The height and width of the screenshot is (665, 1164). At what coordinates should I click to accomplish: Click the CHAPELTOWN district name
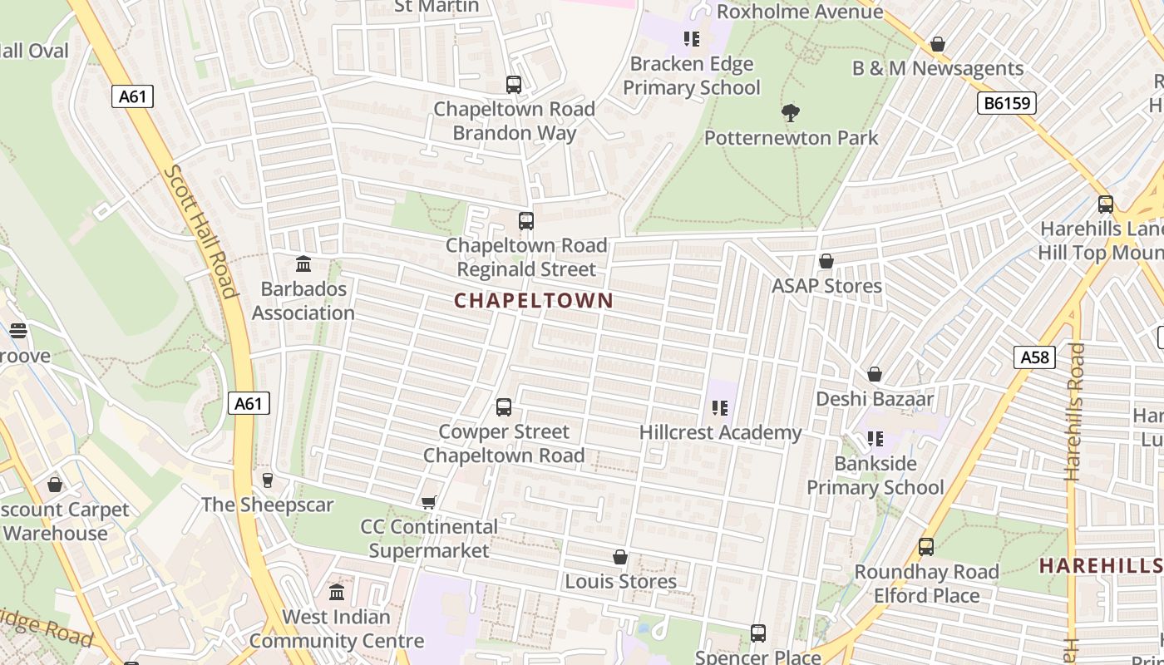click(x=534, y=301)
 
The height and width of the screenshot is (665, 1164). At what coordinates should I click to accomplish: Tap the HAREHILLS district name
click(x=1100, y=566)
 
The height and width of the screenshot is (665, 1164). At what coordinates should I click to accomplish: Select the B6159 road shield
click(x=1005, y=103)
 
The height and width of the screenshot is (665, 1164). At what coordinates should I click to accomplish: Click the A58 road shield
click(x=1034, y=357)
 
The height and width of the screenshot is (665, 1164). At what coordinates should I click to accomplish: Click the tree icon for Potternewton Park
click(x=791, y=112)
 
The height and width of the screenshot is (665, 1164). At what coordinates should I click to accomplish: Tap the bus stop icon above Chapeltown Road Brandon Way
click(x=514, y=85)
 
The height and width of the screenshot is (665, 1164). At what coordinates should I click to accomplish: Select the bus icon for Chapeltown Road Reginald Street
click(x=525, y=221)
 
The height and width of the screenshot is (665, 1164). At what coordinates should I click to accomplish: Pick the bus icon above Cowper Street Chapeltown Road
click(x=504, y=407)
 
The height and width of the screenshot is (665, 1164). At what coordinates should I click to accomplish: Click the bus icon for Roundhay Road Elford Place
click(x=926, y=547)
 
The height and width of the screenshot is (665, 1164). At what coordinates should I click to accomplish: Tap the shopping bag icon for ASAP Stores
click(x=826, y=262)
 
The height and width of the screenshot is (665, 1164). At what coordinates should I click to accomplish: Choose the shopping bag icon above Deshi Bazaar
click(x=875, y=375)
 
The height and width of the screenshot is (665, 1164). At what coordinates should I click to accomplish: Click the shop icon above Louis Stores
click(x=620, y=557)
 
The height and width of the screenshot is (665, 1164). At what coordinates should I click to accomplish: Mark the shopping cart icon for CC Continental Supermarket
click(x=429, y=502)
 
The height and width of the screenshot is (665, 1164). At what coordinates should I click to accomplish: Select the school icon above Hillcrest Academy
click(x=720, y=408)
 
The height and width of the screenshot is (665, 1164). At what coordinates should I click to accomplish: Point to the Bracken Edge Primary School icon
click(x=691, y=39)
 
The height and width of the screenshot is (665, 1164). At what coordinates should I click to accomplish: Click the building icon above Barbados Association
click(x=303, y=264)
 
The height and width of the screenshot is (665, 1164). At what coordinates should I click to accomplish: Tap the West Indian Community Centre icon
click(x=337, y=593)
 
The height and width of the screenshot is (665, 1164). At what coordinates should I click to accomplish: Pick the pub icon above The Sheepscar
click(x=267, y=480)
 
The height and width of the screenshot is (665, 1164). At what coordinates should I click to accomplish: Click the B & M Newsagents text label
click(x=938, y=68)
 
